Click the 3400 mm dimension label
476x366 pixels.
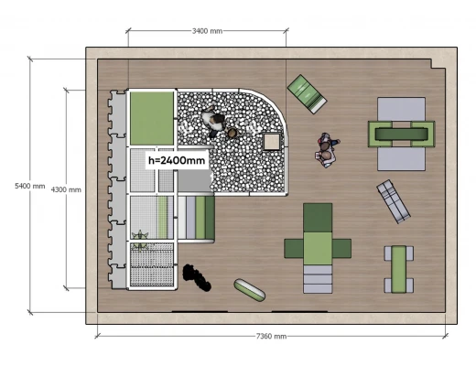[x=207, y=31]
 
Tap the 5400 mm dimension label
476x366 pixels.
[x=30, y=186]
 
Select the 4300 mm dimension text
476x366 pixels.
[x=66, y=189]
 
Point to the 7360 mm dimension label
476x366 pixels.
[x=271, y=336]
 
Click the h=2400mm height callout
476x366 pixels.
[x=177, y=160]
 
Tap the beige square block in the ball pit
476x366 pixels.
[x=272, y=142]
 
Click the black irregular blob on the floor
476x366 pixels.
[x=197, y=277]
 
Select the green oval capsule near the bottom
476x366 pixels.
[x=249, y=290]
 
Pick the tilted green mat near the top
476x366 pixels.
[x=307, y=94]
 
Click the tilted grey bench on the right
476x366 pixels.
[x=394, y=201]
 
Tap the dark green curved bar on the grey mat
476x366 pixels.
[x=401, y=134]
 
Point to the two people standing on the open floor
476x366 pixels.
[x=327, y=149]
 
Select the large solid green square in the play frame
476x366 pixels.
[x=152, y=118]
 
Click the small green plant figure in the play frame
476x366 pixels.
[x=140, y=240]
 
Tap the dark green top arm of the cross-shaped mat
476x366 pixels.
[x=318, y=218]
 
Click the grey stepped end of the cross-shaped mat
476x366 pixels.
[x=318, y=279]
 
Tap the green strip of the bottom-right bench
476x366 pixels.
[x=399, y=269]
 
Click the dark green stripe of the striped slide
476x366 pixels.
[x=210, y=218]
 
